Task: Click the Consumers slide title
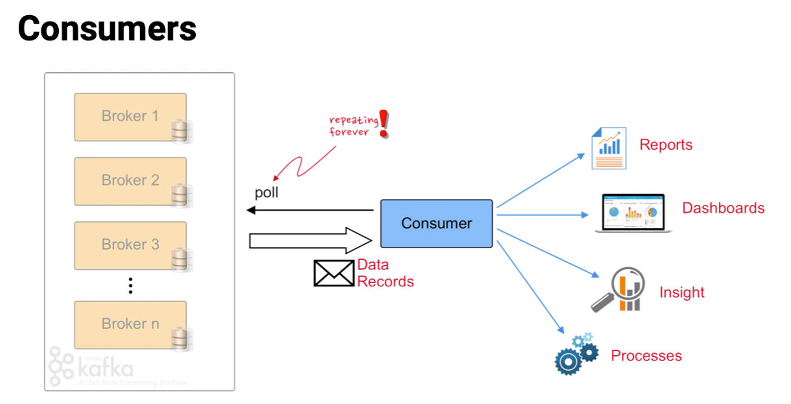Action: pyautogui.click(x=107, y=29)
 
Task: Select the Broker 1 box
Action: pyautogui.click(x=130, y=116)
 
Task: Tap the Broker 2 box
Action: pyautogui.click(x=130, y=181)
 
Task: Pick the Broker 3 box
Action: pyautogui.click(x=130, y=245)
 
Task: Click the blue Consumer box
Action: pyautogui.click(x=436, y=223)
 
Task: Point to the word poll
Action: pyautogui.click(x=266, y=194)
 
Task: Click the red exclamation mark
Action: pyautogui.click(x=383, y=124)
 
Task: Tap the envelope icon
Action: pyautogui.click(x=333, y=273)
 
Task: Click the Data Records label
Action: pyautogui.click(x=385, y=273)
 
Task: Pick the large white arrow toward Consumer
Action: pyautogui.click(x=309, y=240)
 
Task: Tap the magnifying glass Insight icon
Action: pyautogui.click(x=617, y=291)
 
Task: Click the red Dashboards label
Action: pyautogui.click(x=723, y=208)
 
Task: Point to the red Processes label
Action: pyautogui.click(x=646, y=356)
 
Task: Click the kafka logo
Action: pyautogui.click(x=91, y=366)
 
